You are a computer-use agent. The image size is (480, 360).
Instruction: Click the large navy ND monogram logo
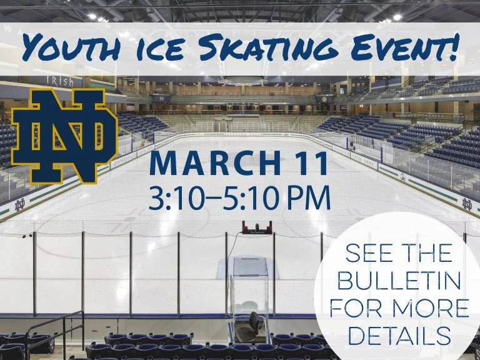coord(64,136)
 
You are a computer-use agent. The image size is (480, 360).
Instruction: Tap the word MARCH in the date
coord(215,164)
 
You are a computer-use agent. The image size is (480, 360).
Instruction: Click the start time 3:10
coord(176,197)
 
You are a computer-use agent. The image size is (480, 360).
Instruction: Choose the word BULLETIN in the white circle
coord(399,279)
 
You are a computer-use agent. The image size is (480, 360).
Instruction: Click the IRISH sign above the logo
coord(60,81)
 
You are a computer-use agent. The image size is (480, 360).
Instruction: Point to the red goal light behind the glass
coord(257,227)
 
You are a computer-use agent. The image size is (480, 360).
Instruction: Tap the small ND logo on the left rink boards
coord(20,205)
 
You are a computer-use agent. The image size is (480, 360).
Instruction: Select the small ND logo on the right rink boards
coord(467,204)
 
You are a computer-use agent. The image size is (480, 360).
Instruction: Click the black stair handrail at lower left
coord(54,330)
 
